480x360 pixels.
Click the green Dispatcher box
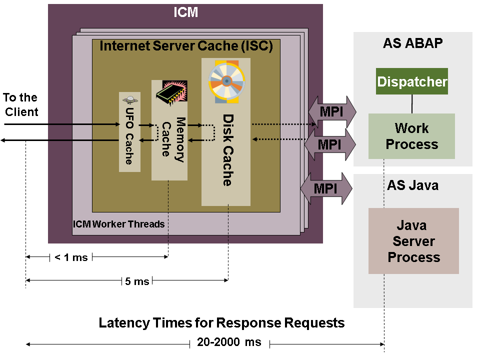412,81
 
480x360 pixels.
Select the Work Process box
411,136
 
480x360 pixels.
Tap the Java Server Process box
413,241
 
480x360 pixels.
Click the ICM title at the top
185,12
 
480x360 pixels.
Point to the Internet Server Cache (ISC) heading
186,46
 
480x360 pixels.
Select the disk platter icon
226,81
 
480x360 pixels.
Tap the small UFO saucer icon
129,100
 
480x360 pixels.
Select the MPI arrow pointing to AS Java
326,188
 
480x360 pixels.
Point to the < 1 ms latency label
70,257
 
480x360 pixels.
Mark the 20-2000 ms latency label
229,343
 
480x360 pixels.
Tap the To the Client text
20,104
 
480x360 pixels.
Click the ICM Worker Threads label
118,224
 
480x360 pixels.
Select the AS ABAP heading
412,43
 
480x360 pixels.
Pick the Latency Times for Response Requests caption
221,322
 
